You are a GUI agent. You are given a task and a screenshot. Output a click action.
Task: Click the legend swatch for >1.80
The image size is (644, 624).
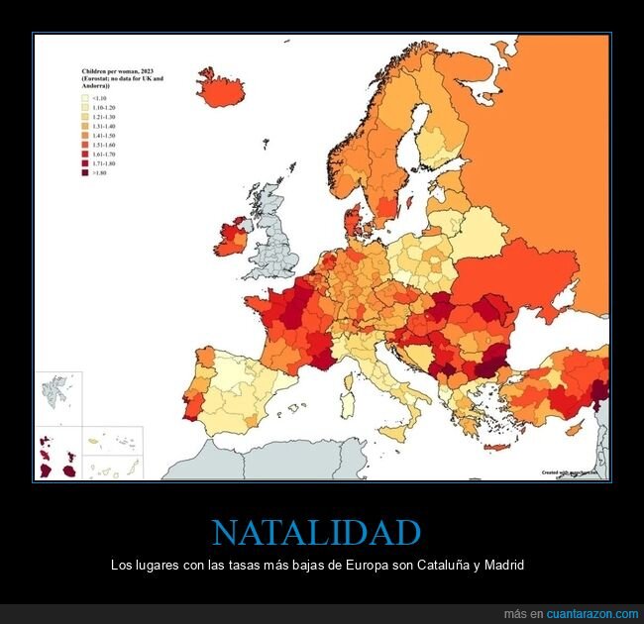85,172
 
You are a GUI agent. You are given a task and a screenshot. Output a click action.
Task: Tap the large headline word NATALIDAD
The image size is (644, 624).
317,532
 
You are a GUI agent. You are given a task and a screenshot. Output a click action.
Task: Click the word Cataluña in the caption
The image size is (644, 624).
429,565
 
